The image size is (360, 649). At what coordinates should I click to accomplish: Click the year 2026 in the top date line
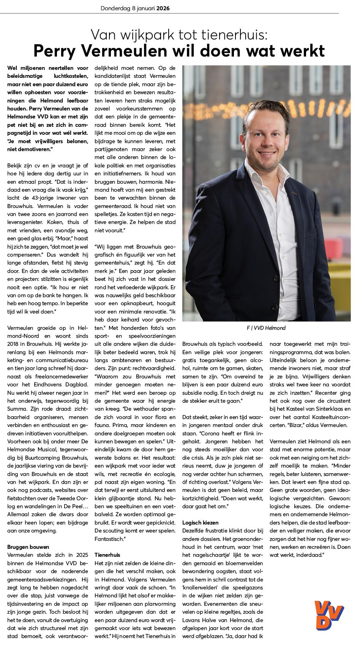(163, 8)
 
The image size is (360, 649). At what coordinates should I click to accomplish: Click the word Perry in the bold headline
(55, 51)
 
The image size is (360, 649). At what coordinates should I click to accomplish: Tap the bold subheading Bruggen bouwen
(28, 547)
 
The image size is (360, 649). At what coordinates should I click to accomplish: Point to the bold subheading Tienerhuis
(107, 555)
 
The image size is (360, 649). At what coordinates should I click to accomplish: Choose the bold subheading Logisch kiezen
(200, 523)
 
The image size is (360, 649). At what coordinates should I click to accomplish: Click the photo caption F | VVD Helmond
(266, 328)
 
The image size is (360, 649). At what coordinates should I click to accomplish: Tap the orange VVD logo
(328, 615)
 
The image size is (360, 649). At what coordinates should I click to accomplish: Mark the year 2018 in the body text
(13, 344)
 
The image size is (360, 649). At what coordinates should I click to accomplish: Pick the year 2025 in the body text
(82, 555)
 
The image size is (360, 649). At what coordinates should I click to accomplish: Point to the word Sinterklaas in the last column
(327, 409)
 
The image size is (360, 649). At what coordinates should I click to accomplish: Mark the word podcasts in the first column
(42, 490)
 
